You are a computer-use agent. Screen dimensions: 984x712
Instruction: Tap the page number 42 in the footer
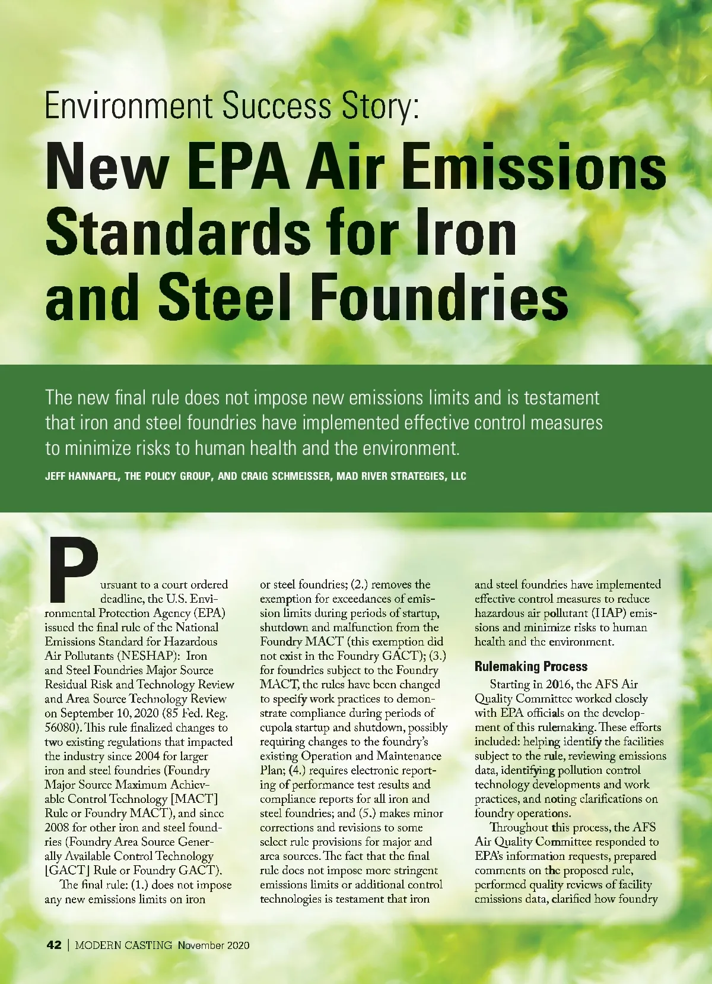[x=53, y=945]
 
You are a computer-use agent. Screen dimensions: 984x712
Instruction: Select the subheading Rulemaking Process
[x=531, y=666]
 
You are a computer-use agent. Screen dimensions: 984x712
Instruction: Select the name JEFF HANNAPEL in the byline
[x=81, y=476]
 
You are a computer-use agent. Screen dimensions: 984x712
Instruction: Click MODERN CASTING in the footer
[x=123, y=945]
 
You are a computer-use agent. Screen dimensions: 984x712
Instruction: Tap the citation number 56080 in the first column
[x=62, y=727]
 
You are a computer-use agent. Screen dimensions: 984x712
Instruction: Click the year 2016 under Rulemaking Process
[x=559, y=684]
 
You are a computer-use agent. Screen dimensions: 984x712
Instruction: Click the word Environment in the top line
[x=128, y=106]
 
